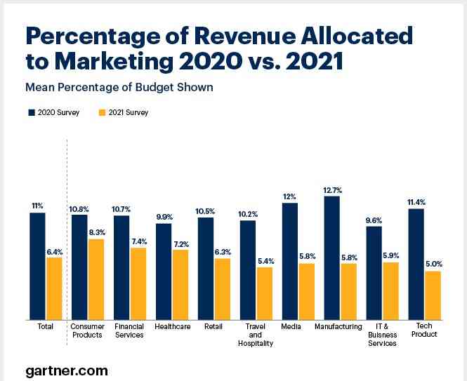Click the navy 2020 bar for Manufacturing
click(x=331, y=258)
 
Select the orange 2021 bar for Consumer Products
click(x=96, y=279)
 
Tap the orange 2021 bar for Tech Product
click(x=433, y=295)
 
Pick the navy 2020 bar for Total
click(x=37, y=266)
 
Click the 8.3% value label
click(x=96, y=232)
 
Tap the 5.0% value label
click(x=433, y=264)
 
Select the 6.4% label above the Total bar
click(x=54, y=250)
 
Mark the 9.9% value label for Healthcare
click(x=164, y=217)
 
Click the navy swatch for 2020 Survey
click(x=31, y=112)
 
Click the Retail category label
click(x=214, y=326)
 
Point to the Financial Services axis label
click(x=129, y=330)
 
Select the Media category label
click(x=291, y=326)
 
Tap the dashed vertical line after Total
click(x=66, y=232)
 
